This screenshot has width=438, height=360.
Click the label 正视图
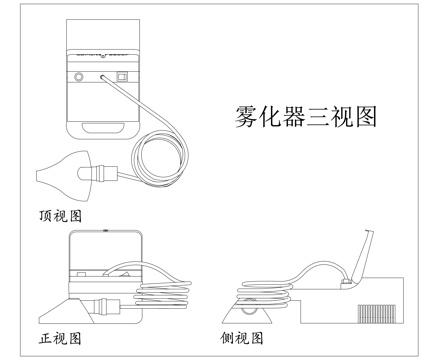(x=61, y=338)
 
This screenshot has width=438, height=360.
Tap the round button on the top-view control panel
(x=79, y=75)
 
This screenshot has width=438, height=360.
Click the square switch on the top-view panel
(x=123, y=75)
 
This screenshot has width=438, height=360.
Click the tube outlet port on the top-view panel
(x=101, y=75)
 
